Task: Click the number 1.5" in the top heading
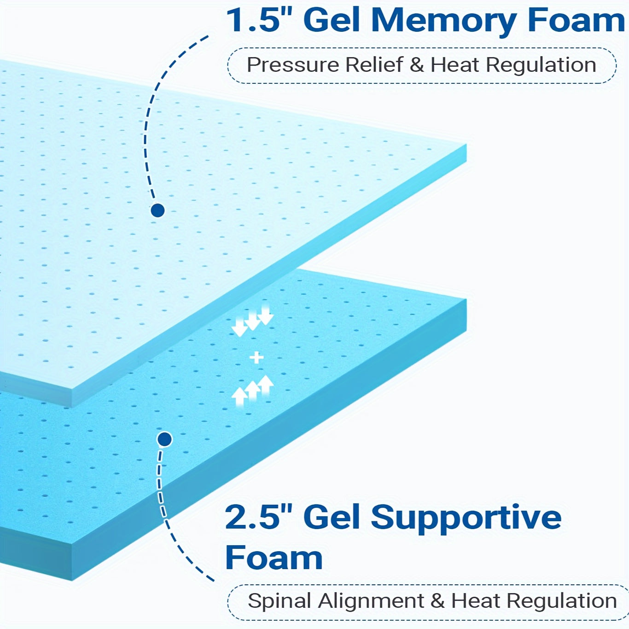coord(260,20)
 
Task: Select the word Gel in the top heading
coord(332,20)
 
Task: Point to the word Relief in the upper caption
coord(374,65)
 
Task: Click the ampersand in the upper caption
coord(417,65)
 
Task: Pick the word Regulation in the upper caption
coord(541,65)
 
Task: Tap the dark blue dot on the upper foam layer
coord(157,210)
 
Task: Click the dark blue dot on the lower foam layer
coord(164,439)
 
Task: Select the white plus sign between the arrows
coord(256,357)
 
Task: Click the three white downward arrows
coord(252,320)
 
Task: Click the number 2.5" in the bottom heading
coord(259,517)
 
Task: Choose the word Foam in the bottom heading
coord(274,558)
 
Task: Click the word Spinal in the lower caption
coord(280,601)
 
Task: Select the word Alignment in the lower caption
coord(371,601)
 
